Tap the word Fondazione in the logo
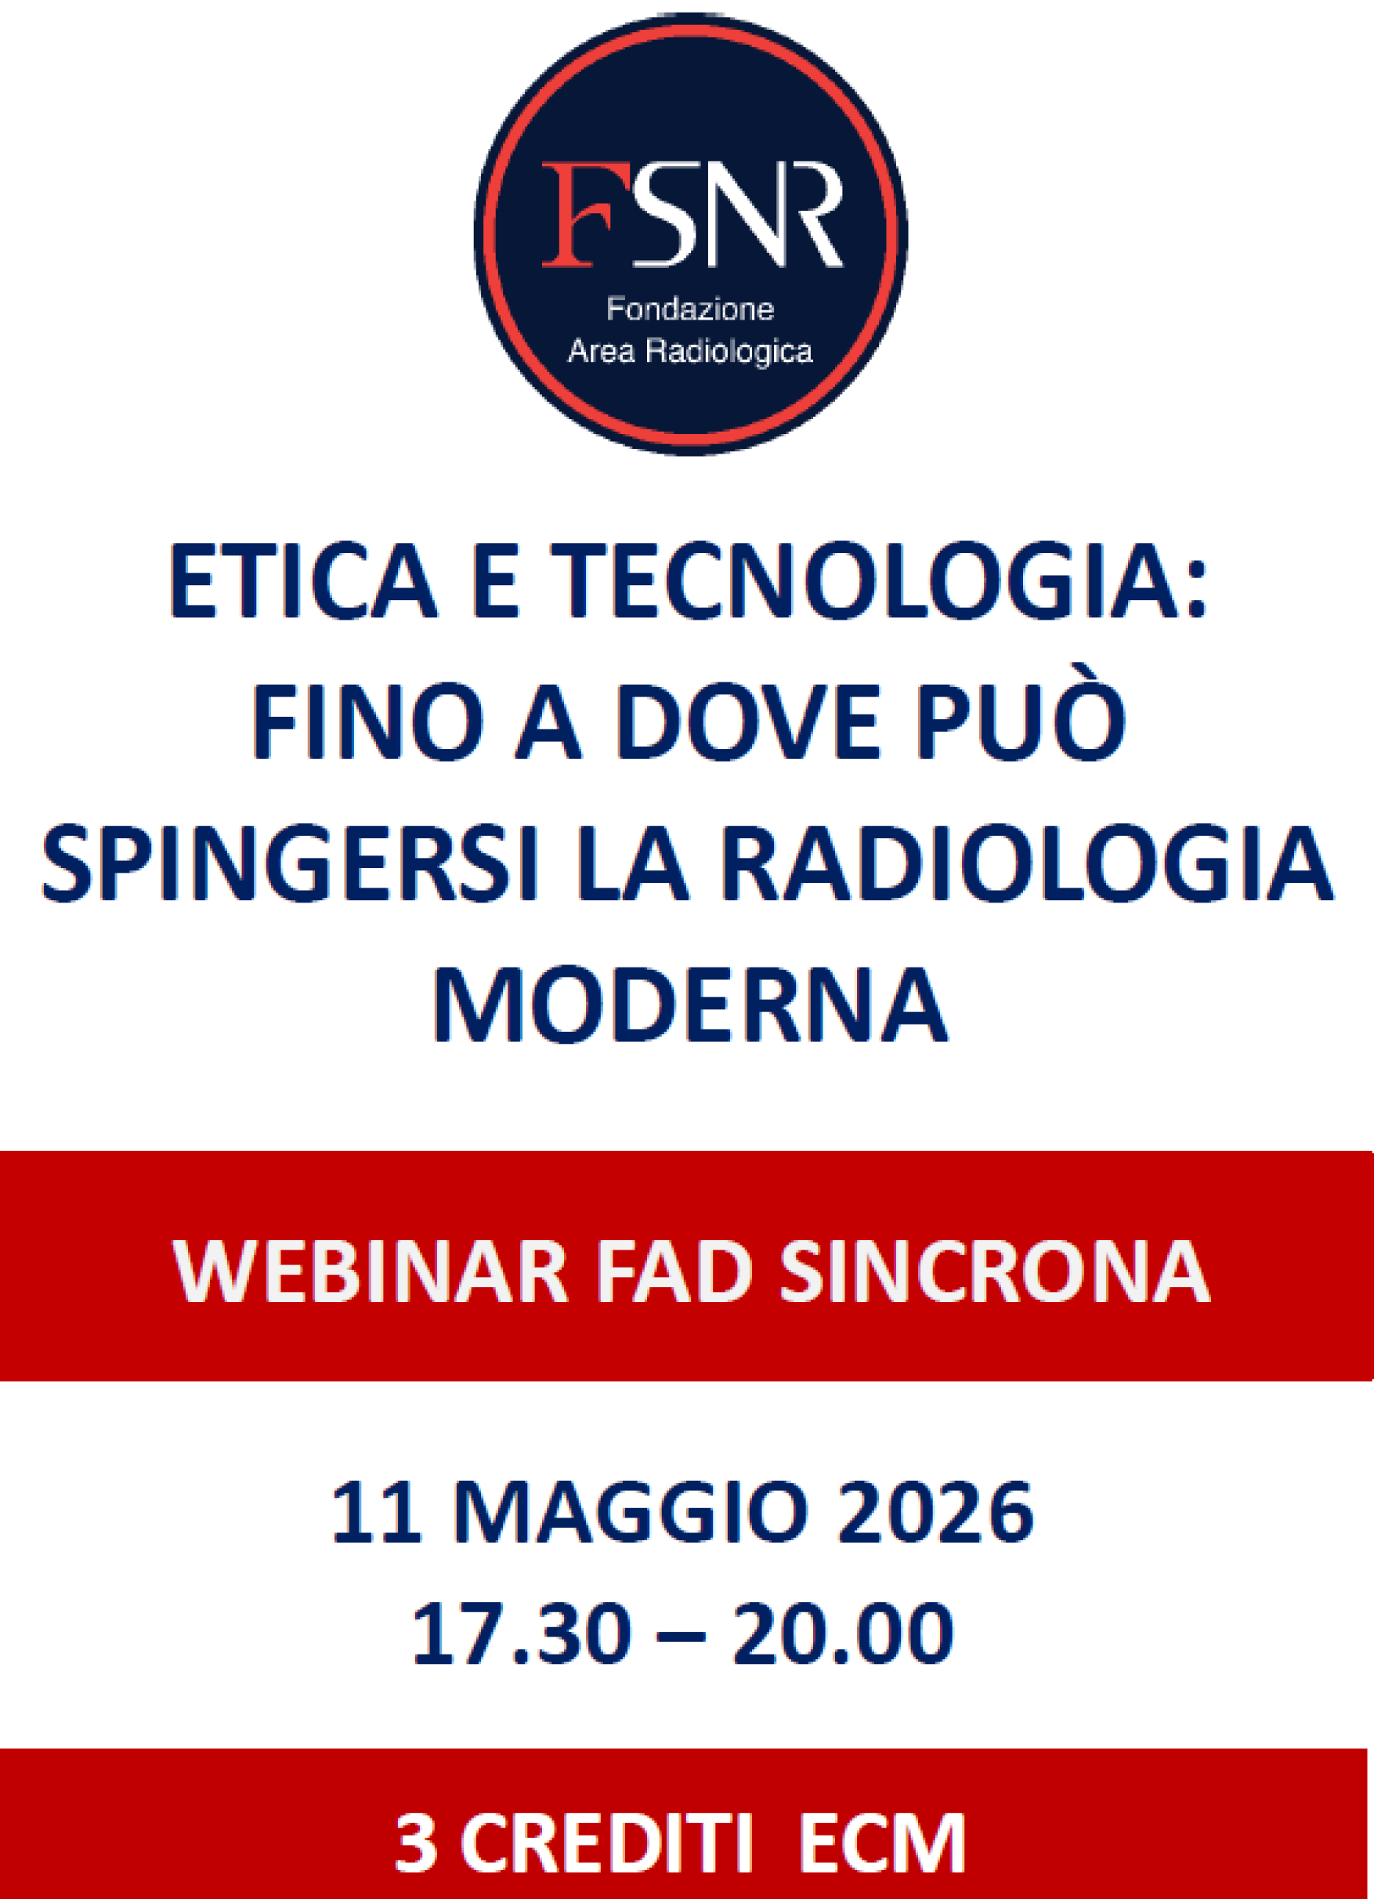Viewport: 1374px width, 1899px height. point(690,309)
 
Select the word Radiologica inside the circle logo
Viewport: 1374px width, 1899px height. point(729,351)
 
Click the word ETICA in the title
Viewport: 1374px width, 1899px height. point(303,581)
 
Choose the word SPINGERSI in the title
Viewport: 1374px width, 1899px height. point(290,863)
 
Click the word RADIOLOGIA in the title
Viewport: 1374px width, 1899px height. point(1026,863)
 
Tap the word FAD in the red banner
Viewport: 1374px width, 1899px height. point(674,1271)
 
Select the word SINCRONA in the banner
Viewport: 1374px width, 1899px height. point(995,1271)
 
